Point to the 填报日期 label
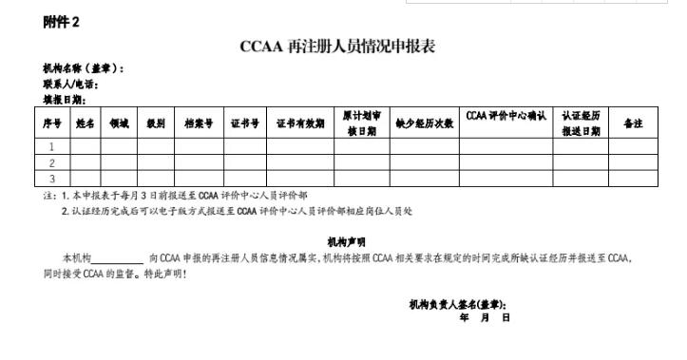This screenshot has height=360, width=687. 64,98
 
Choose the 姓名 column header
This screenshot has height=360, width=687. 86,123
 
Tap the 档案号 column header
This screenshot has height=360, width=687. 198,123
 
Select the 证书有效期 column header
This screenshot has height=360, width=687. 299,123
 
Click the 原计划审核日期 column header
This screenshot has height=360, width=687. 361,123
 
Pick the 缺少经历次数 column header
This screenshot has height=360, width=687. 424,123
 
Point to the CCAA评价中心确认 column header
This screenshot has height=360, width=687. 506,117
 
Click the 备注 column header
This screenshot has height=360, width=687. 633,123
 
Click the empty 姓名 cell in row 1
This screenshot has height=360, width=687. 86,147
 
